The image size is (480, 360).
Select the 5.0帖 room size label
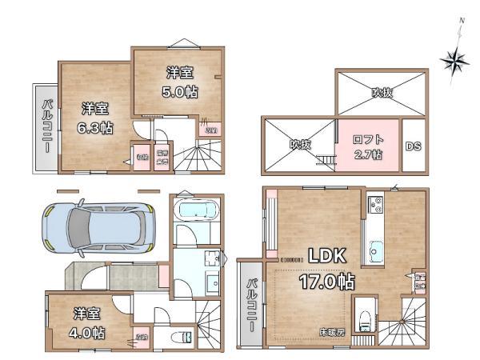point(182,92)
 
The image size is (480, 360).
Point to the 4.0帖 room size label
point(86,331)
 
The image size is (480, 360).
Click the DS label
point(413,146)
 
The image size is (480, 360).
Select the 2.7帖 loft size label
point(369,154)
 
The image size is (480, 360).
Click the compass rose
point(457,62)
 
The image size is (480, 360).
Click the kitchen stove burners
point(374,206)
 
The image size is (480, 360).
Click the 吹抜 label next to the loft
point(300,145)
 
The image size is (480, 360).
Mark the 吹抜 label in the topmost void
point(382,93)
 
